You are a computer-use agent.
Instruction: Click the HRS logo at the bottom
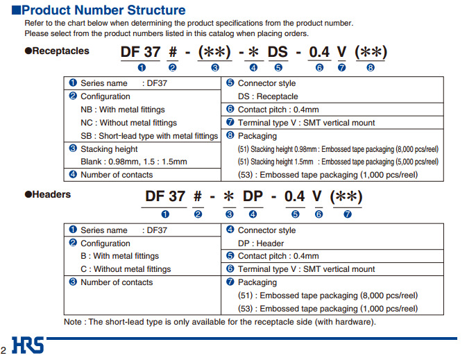(x=28, y=345)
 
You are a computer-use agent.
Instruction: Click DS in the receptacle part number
(x=278, y=52)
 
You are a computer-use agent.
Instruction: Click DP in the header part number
(x=253, y=196)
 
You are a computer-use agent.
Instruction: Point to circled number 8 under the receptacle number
(x=371, y=68)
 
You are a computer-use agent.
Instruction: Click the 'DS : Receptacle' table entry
(x=268, y=96)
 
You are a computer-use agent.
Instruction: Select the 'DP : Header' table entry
(x=261, y=243)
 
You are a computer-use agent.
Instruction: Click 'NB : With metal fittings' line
(x=123, y=110)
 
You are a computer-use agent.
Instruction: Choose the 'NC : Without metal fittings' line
(x=128, y=123)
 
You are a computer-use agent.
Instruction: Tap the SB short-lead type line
(x=149, y=136)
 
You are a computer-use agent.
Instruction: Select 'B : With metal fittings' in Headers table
(x=120, y=257)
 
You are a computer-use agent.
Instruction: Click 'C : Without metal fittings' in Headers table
(x=126, y=269)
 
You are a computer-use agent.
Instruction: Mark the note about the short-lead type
(x=220, y=322)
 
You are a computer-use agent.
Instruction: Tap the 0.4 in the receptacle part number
(x=319, y=52)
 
